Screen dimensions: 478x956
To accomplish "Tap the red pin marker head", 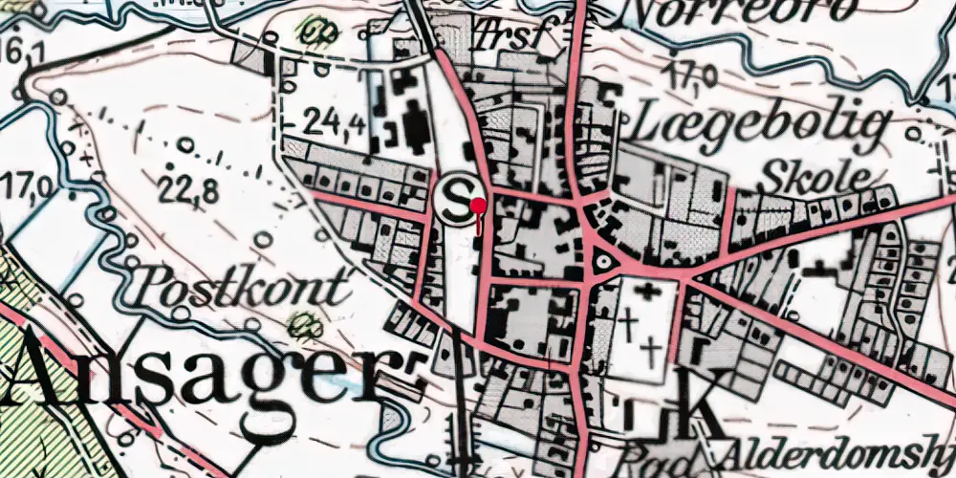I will (478, 204).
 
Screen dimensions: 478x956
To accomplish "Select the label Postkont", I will (242, 288).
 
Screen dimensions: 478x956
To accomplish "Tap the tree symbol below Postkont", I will (305, 323).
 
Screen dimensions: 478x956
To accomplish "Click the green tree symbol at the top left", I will (309, 31).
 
